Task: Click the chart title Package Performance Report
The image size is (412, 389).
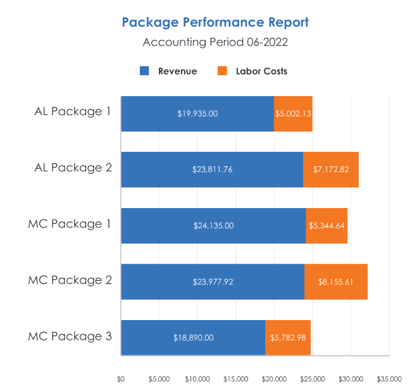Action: pos(215,23)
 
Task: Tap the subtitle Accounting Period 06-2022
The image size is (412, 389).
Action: pos(215,42)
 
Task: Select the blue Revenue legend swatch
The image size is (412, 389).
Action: pos(144,71)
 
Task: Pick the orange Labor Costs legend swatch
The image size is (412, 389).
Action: pos(222,71)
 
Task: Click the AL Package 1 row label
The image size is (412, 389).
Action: pos(73,112)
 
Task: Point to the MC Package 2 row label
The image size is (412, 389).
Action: pos(70,280)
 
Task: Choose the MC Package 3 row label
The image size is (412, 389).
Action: pos(70,336)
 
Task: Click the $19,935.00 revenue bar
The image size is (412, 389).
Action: pos(197,114)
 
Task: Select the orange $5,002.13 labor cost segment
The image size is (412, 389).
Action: pos(293,114)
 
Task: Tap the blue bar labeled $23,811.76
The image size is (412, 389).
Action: pos(212,170)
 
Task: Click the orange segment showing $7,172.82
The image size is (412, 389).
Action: pos(331,170)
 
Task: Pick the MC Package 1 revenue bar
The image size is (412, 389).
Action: pos(213,225)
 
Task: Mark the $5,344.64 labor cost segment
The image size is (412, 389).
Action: pos(327,225)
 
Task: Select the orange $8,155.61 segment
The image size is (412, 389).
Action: pos(336,281)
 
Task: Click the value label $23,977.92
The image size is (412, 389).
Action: pos(213,281)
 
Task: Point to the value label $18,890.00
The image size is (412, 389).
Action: pos(193,338)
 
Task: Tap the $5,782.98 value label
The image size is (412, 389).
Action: pos(288,338)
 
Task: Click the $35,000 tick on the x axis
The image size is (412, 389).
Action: pos(389,379)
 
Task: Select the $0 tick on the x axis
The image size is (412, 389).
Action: pos(121,379)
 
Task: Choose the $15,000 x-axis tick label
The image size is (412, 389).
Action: pos(236,379)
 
